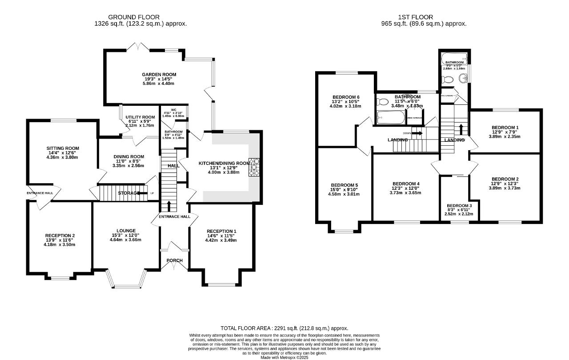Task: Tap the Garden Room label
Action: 159,75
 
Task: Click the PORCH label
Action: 175,260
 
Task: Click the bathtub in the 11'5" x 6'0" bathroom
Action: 391,118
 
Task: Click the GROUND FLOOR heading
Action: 140,17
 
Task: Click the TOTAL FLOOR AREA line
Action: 284,328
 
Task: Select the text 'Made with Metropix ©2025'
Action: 284,357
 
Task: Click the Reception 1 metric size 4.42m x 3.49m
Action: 220,240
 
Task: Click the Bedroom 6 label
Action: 345,97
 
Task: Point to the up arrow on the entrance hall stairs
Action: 168,206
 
